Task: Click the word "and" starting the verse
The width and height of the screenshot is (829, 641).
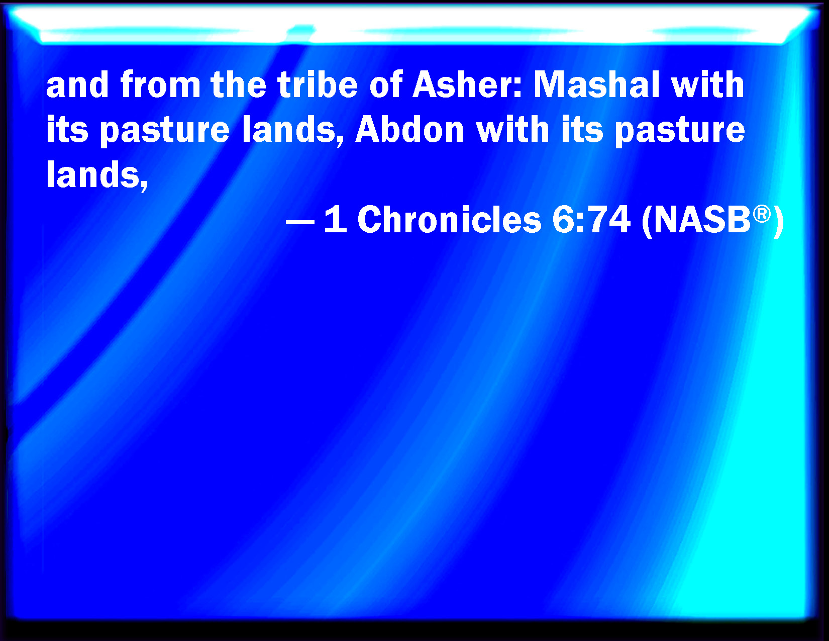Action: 77,84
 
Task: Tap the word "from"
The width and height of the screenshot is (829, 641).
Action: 160,84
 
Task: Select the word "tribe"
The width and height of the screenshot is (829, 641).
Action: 318,84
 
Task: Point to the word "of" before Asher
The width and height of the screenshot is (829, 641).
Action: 386,84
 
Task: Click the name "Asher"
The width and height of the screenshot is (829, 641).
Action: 467,84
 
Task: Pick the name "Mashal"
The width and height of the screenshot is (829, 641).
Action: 596,84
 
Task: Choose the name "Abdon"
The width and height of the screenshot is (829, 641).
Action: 409,129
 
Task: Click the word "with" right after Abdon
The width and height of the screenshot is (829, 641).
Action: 512,129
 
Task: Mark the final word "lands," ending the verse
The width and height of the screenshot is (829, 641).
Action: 97,175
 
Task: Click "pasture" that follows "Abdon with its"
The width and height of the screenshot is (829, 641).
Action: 680,132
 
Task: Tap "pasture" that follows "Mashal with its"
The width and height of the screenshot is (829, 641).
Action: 165,132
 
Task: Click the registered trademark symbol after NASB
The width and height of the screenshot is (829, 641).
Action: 762,214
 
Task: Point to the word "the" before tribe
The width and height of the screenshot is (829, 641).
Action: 239,84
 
